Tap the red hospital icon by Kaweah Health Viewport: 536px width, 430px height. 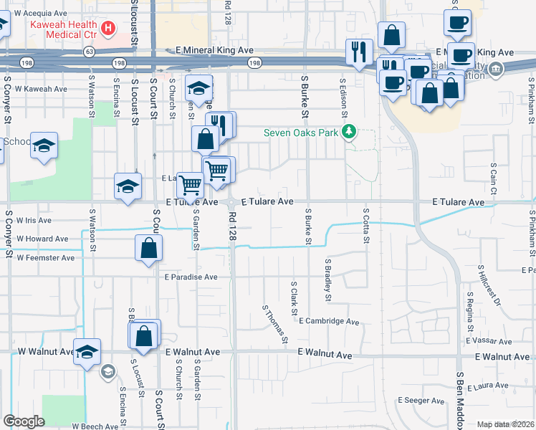coord(108,29)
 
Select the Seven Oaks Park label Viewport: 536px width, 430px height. coord(301,132)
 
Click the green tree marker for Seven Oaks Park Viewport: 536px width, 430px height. coord(349,131)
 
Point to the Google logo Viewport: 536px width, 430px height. coord(24,421)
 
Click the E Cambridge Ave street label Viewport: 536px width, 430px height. coord(329,322)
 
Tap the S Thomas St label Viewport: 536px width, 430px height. coord(275,324)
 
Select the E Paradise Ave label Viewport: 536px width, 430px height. coord(191,277)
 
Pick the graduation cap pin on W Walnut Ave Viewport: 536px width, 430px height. coord(87,351)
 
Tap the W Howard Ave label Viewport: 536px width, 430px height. coord(42,239)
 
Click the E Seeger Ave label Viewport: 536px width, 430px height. coord(423,400)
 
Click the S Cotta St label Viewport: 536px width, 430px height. coord(365,226)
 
